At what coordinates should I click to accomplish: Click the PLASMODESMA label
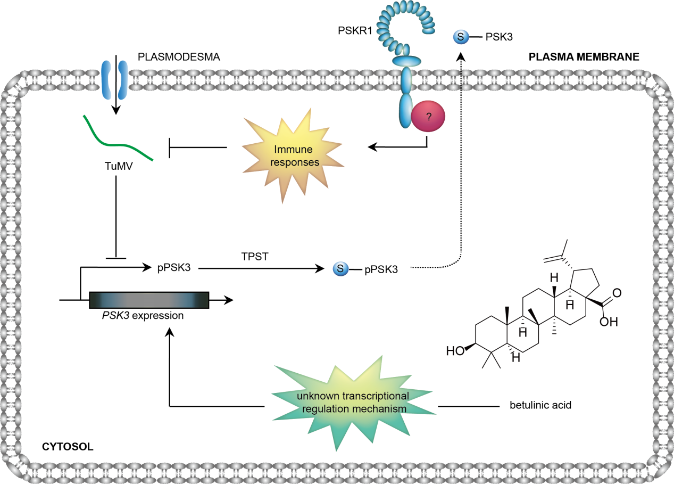pyautogui.click(x=178, y=57)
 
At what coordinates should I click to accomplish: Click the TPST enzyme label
pyautogui.click(x=254, y=257)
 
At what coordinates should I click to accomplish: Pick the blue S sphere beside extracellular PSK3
pyautogui.click(x=460, y=37)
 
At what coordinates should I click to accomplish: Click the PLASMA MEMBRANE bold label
pyautogui.click(x=584, y=56)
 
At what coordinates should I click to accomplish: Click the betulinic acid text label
pyautogui.click(x=540, y=406)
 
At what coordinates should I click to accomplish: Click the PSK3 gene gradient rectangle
pyautogui.click(x=148, y=300)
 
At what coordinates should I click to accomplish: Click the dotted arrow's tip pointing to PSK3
pyautogui.click(x=461, y=54)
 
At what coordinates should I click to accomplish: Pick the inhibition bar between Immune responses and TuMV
pyautogui.click(x=170, y=147)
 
